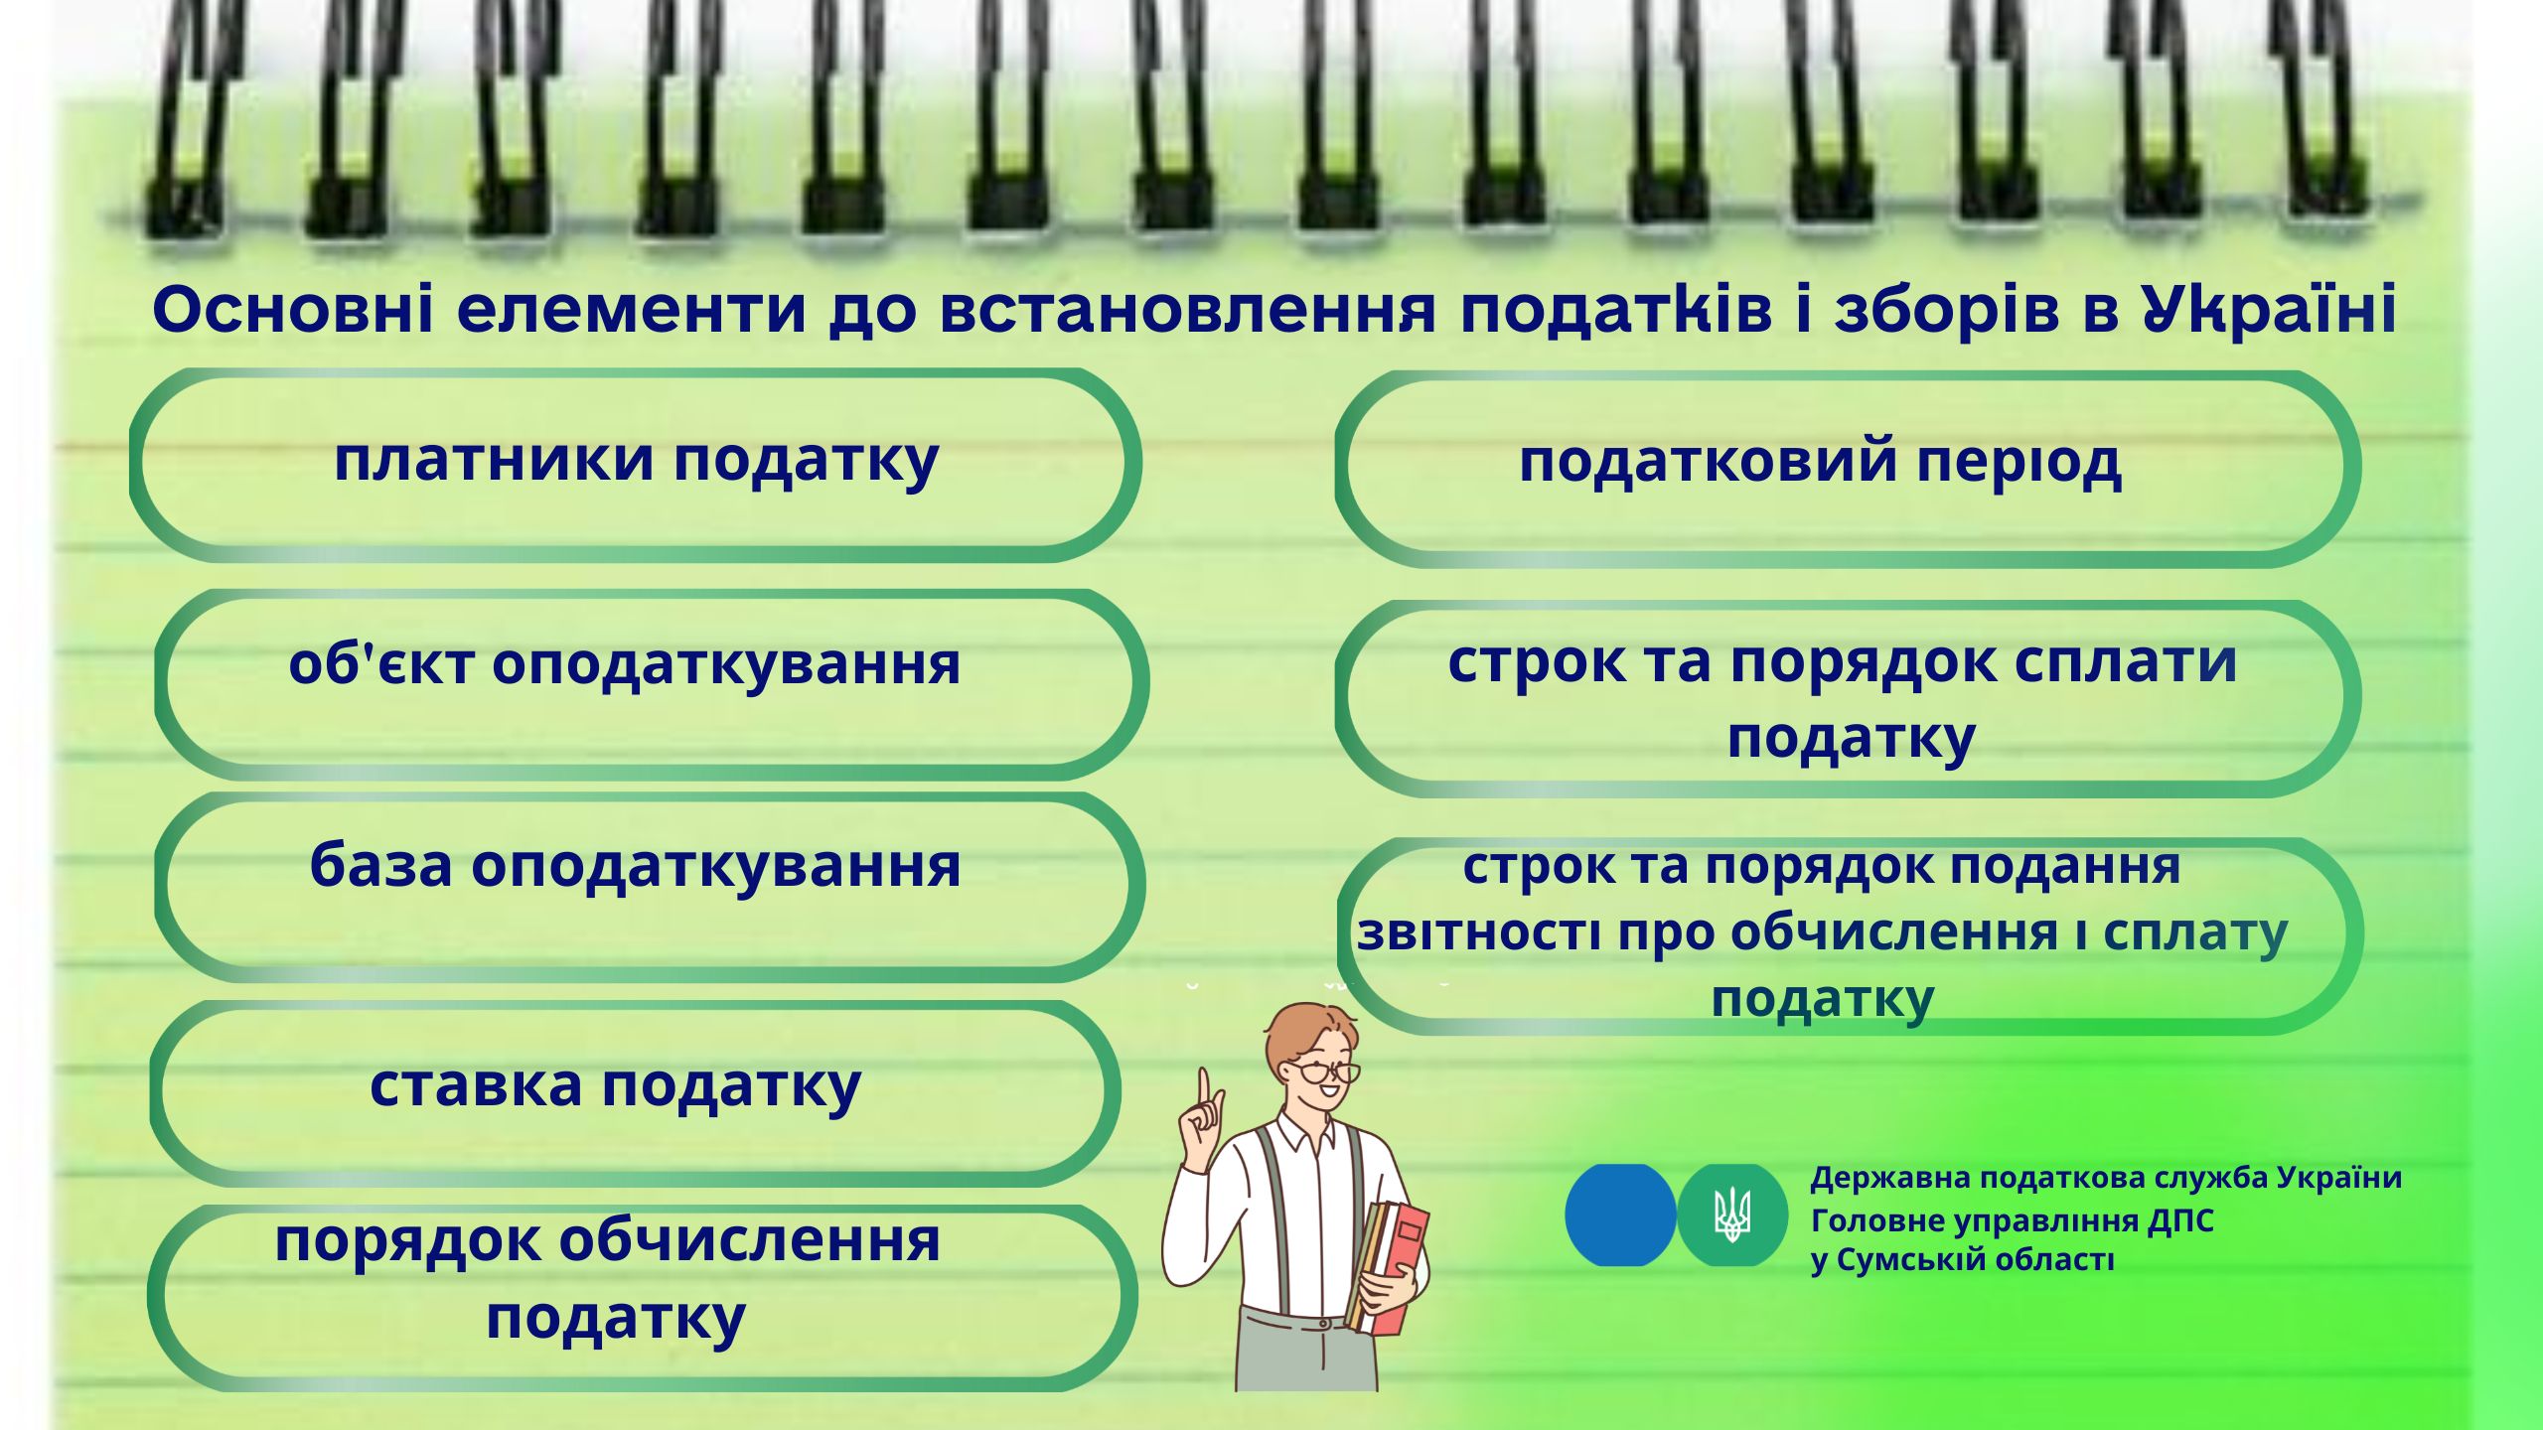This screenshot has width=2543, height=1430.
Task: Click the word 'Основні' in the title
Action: [293, 309]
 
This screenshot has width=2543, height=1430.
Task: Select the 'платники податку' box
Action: [635, 465]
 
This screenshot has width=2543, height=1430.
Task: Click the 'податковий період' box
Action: [1848, 469]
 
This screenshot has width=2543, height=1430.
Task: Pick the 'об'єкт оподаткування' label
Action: [625, 663]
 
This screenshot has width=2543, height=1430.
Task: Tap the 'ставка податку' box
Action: [635, 1092]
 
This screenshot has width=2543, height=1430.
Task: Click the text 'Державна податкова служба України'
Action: [2106, 1179]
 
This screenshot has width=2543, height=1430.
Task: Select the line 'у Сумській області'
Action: [1962, 1260]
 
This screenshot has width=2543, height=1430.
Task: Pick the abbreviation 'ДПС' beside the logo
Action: [2180, 1220]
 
